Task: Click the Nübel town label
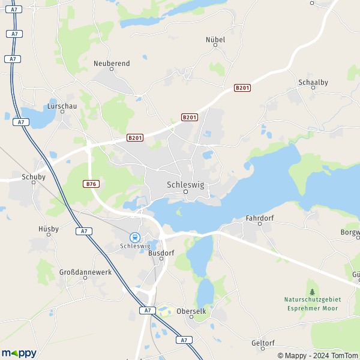click(215, 40)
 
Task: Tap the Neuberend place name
click(112, 62)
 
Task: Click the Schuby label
click(34, 177)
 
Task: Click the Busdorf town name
click(161, 253)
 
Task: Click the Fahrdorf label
click(260, 218)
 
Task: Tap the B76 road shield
click(91, 184)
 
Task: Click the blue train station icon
click(134, 237)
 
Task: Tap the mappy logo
click(19, 353)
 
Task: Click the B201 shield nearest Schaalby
click(242, 88)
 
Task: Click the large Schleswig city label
click(185, 185)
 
